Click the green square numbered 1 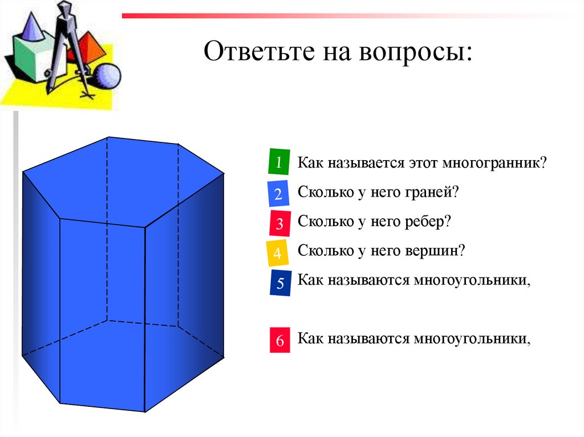278,162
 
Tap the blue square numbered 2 278,194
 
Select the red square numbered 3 279,223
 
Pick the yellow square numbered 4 277,254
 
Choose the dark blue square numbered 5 280,284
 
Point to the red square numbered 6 279,341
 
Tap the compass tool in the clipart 66,46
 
